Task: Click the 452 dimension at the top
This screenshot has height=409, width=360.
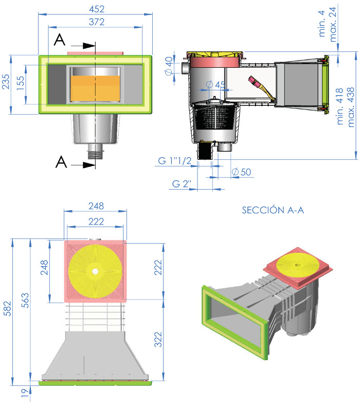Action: [x=96, y=9]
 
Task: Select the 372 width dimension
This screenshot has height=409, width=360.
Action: [x=96, y=22]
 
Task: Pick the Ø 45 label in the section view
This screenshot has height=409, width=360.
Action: [x=215, y=84]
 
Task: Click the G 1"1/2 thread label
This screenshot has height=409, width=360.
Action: [x=174, y=161]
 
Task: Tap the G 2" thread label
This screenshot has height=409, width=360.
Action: [x=182, y=183]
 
